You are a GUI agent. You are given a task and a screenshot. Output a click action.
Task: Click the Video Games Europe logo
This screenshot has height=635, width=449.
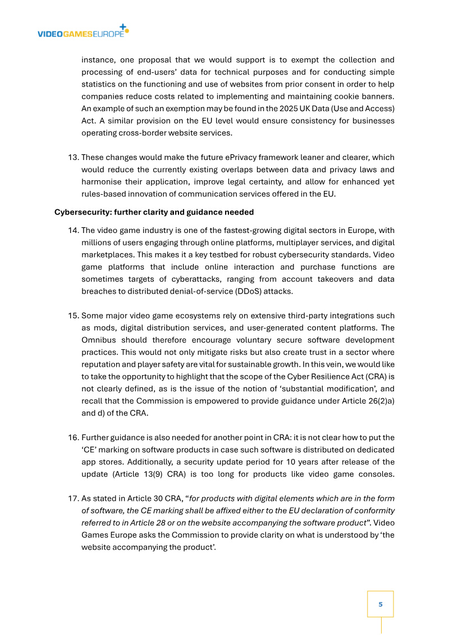point(83,32)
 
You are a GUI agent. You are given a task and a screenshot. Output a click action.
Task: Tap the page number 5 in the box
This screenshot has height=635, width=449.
point(380,604)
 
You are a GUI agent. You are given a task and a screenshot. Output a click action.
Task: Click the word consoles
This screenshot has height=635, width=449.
point(376,474)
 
